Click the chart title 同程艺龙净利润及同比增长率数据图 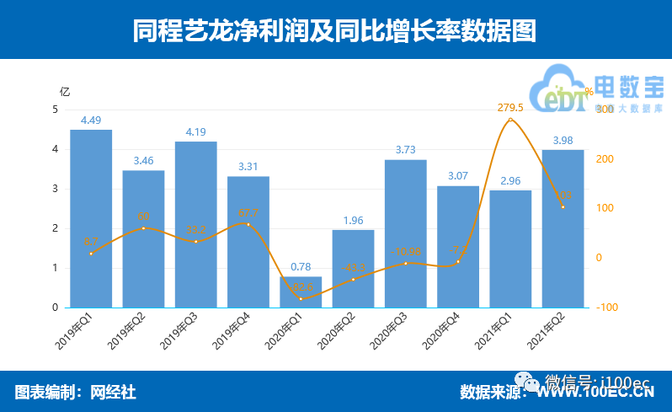click(x=335, y=31)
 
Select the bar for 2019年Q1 click(x=91, y=218)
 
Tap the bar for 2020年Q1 click(x=301, y=292)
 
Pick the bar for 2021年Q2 click(x=563, y=228)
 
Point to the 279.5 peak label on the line click(x=510, y=108)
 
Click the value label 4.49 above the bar click(x=91, y=120)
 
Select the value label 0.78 click(x=301, y=267)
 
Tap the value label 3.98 click(x=563, y=140)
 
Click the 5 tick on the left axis click(x=56, y=110)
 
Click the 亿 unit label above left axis click(x=65, y=91)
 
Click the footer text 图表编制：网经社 click(x=75, y=392)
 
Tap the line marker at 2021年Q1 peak click(x=510, y=120)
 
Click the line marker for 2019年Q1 click(x=91, y=254)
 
